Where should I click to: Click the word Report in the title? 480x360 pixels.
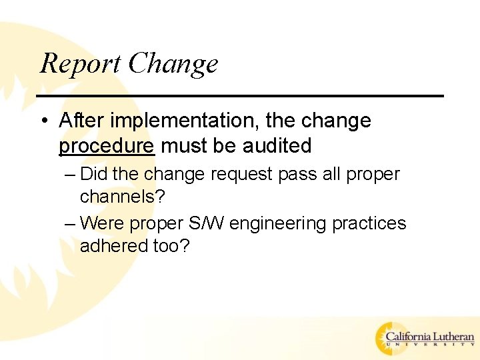coord(81,64)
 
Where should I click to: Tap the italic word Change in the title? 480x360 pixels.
coord(173,64)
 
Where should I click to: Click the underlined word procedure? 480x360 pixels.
coord(107,145)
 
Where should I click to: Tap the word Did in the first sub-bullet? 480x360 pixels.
coord(94,175)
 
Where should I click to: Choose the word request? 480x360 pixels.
coord(238,175)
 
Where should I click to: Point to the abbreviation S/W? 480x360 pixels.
coord(211,222)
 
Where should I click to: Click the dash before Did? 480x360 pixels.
coord(71,175)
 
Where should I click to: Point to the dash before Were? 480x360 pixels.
coord(71,222)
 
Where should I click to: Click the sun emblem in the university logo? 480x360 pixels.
coord(389,338)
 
